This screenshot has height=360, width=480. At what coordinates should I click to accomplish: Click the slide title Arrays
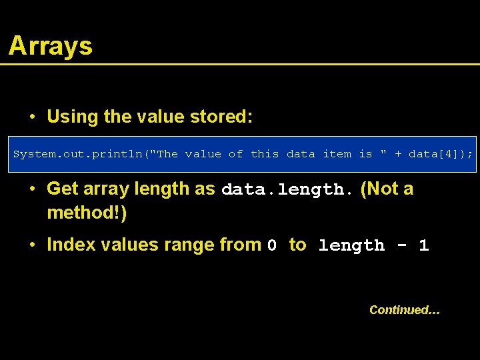coord(51,46)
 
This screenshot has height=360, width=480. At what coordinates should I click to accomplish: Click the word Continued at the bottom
coord(404,310)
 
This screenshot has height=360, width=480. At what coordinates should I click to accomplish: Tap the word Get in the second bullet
coord(63,189)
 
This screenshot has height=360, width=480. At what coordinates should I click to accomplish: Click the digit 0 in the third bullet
coord(272,246)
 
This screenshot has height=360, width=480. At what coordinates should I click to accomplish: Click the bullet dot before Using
coord(32,117)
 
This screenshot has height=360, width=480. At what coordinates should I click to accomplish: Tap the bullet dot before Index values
coord(32,245)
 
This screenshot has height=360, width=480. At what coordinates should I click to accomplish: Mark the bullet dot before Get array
coord(32,189)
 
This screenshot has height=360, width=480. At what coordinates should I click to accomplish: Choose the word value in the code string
coord(203,154)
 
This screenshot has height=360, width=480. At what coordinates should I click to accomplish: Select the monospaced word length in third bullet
coord(351,246)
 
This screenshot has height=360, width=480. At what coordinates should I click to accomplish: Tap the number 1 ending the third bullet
coord(423,245)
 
